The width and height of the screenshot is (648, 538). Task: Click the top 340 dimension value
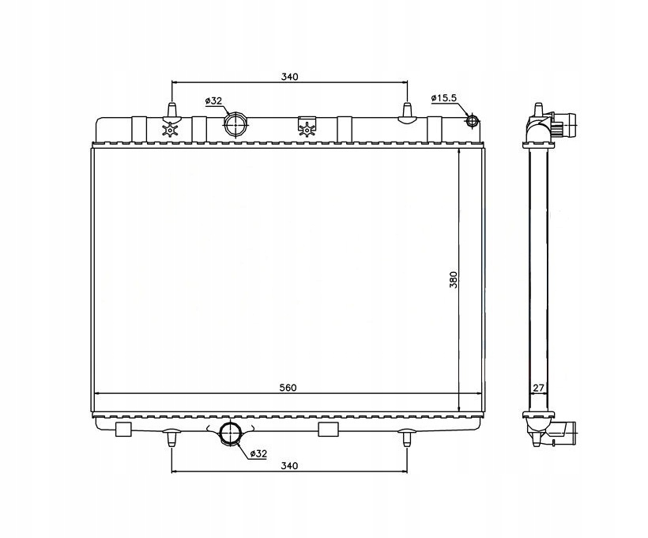[289, 77]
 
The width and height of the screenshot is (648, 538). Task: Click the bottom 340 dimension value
[289, 465]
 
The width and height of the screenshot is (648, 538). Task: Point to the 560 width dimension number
[288, 388]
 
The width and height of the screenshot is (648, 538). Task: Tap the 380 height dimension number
[454, 280]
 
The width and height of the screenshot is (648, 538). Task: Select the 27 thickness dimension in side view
[538, 388]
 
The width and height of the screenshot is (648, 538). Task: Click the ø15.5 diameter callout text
[443, 98]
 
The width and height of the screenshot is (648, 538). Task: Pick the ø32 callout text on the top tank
[213, 100]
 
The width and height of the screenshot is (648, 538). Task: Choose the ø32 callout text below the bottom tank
[258, 453]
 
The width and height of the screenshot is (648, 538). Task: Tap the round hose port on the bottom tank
[230, 433]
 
